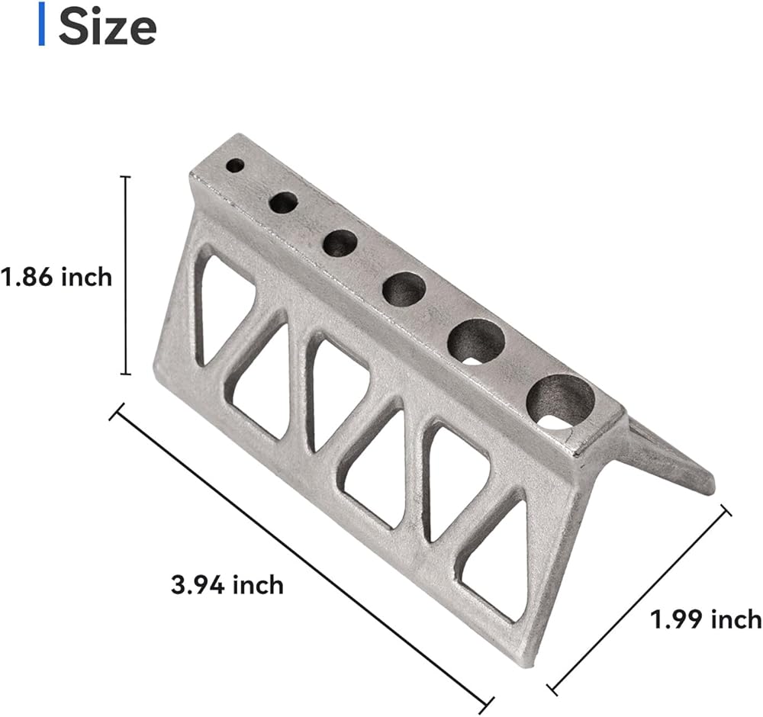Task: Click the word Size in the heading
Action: tap(108, 27)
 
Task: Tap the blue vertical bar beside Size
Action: tap(42, 24)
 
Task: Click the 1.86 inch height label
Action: tap(56, 278)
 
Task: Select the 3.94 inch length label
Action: tap(227, 585)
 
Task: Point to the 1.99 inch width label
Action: tap(706, 619)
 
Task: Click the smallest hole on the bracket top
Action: tap(235, 166)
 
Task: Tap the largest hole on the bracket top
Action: tap(561, 402)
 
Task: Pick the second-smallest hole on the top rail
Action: tap(283, 202)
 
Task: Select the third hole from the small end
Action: tap(340, 243)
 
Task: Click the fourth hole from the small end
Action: tap(404, 289)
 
